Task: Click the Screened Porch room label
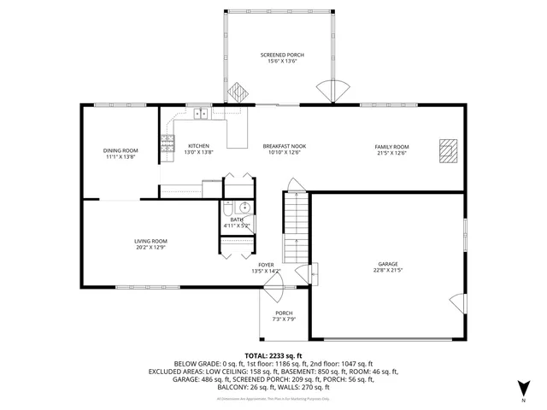pos(282,55)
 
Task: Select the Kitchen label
pos(198,146)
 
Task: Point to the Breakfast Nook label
pos(284,146)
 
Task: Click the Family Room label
pos(391,146)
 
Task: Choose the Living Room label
pos(150,242)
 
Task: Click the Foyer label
pos(267,265)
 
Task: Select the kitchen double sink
pos(201,113)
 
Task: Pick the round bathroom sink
pos(244,207)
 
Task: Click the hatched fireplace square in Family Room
pos(446,149)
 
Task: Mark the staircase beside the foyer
pos(294,227)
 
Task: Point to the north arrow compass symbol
pos(523,388)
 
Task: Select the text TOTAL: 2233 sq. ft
pos(273,354)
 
